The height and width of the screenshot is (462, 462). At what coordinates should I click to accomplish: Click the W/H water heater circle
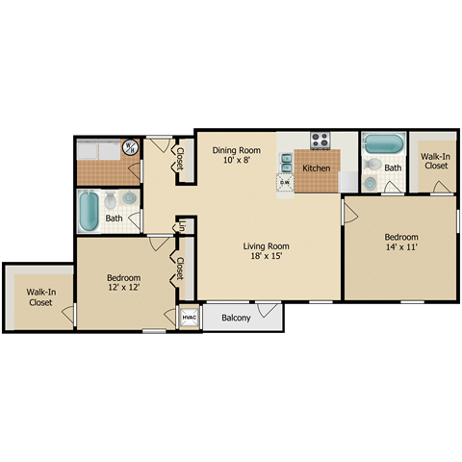pos(130,147)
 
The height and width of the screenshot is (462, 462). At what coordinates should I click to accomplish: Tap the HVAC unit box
pos(189,318)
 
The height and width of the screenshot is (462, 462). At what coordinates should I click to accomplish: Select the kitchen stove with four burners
pos(319,141)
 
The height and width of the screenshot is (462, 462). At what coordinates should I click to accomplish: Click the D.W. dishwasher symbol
pos(285,180)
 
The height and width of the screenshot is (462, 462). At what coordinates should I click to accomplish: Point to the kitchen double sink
pos(287,157)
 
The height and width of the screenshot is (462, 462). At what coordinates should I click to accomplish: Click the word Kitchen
pos(317,168)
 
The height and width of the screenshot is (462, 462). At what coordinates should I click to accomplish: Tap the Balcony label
pos(236,318)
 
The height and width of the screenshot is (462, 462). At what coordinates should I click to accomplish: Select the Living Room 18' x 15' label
pos(266,251)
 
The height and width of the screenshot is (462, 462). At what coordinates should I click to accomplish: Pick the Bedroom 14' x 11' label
pos(401,243)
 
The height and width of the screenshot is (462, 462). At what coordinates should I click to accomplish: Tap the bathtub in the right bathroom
pos(384,143)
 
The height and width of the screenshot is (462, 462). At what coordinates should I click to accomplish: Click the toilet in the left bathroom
pos(112,201)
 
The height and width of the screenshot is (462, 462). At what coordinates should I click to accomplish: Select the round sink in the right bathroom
pos(371,184)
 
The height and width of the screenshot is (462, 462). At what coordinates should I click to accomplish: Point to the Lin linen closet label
pos(180,227)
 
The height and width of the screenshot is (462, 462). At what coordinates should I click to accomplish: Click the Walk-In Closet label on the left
pos(39,295)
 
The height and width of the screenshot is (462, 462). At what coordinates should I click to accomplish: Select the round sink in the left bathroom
pos(129,199)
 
